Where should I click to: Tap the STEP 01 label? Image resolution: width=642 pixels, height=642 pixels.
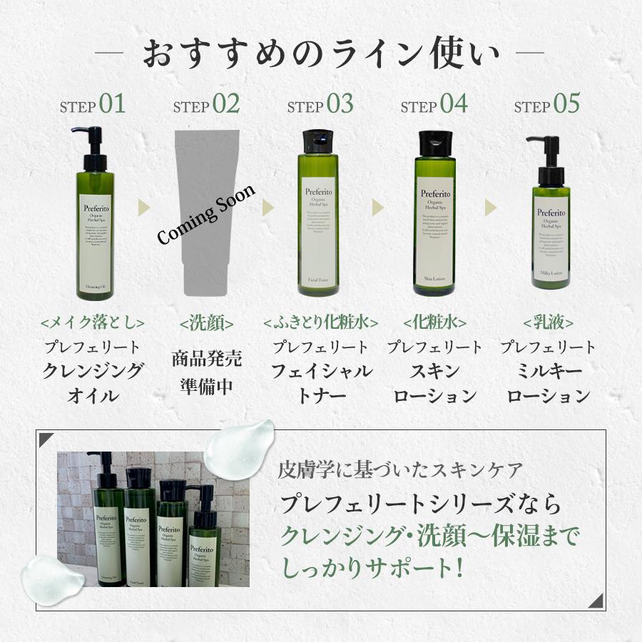coord(93,105)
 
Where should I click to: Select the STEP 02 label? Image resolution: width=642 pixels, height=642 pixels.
coord(206,105)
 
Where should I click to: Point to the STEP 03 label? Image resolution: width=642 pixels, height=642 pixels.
coord(320,105)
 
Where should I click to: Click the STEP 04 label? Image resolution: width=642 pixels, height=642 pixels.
coord(434,105)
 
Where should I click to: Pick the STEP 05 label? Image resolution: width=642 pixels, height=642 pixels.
coord(547,105)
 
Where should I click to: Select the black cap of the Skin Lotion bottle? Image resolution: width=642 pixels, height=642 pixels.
coord(434,142)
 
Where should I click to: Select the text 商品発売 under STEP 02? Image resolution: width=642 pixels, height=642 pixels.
coord(207,358)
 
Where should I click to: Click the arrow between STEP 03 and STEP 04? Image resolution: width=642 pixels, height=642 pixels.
coord(377,208)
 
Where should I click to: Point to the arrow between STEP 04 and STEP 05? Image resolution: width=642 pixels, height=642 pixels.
coord(491,208)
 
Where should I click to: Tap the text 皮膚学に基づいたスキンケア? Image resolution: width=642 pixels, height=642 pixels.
coord(401,470)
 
